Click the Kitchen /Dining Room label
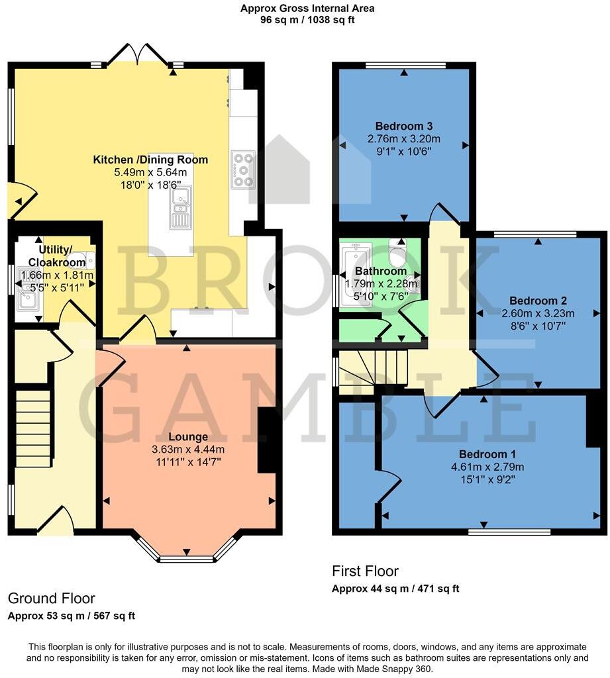[150, 160]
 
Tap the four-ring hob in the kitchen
[243, 169]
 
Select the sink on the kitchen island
[180, 207]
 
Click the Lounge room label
[188, 437]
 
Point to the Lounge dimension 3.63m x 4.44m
[188, 450]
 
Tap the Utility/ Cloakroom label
[56, 256]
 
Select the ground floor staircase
[33, 428]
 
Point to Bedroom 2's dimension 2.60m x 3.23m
[539, 313]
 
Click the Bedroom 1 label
[487, 454]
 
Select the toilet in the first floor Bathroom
[397, 254]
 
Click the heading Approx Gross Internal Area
[307, 9]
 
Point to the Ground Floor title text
[52, 599]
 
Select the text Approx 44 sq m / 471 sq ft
[395, 589]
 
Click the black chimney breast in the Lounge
[266, 440]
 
